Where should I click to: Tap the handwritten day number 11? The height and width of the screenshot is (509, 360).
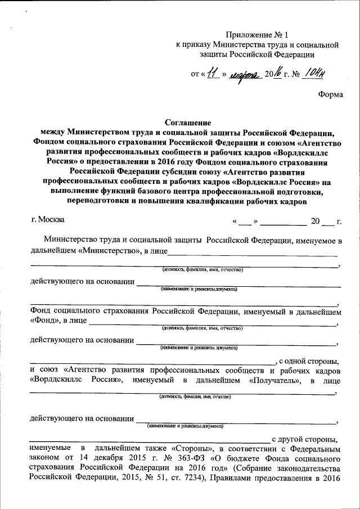(x=212, y=73)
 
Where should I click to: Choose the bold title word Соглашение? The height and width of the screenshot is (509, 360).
(x=187, y=123)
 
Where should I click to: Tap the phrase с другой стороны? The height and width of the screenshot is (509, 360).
(x=307, y=438)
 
